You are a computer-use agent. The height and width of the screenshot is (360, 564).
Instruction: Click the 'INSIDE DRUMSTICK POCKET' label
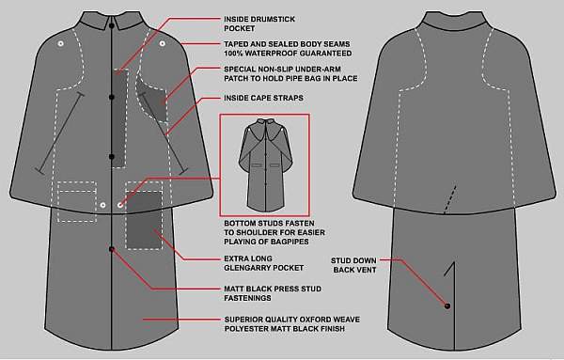(259, 23)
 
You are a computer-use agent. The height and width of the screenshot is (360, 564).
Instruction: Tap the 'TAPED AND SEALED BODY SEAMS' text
(287, 44)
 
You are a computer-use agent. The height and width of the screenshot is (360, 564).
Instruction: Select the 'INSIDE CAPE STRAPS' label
(263, 98)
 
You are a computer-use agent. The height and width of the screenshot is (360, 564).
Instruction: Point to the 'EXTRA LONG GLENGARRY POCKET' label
(263, 263)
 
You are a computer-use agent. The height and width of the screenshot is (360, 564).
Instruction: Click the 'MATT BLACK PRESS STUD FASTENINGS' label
(273, 293)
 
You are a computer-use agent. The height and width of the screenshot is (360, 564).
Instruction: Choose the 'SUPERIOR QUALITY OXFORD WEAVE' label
(292, 320)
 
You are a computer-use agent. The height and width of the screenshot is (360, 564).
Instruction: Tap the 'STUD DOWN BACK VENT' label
(354, 265)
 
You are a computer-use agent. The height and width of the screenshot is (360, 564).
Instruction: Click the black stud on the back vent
(447, 306)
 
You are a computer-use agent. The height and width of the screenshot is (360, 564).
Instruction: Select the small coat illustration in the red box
(265, 164)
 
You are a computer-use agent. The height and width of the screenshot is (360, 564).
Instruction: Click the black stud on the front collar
(112, 26)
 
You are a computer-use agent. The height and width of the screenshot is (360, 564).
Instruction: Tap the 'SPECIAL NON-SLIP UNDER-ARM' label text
(282, 69)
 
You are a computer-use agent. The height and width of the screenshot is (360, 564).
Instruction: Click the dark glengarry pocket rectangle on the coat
(144, 220)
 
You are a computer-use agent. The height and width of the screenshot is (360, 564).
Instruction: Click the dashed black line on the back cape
(450, 200)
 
